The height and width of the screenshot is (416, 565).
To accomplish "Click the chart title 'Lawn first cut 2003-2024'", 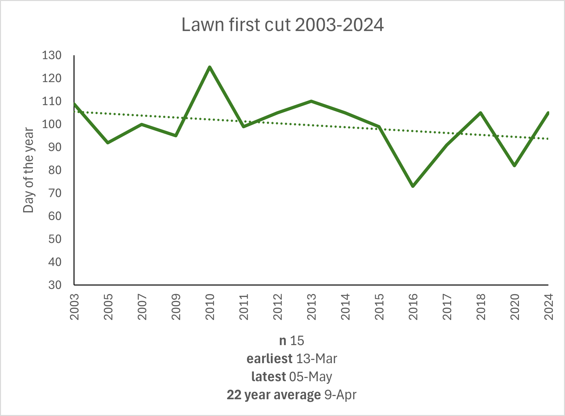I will click(282, 25).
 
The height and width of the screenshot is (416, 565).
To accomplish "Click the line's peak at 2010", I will click(210, 67).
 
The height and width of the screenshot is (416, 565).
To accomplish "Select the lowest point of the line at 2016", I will click(413, 186).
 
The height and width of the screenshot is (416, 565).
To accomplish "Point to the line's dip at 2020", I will click(515, 165).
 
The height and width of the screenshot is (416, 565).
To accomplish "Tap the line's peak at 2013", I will click(311, 101).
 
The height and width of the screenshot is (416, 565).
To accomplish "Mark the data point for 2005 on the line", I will click(108, 142).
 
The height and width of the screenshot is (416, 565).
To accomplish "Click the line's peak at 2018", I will click(481, 113).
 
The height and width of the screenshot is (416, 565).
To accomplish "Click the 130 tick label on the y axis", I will click(52, 55).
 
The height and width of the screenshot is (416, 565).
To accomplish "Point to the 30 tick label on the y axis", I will click(55, 285).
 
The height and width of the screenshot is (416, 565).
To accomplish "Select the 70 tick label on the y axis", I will click(55, 193).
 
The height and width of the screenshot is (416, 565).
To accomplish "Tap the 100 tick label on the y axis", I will click(52, 124).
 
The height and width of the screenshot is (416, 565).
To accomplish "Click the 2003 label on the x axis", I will click(74, 307).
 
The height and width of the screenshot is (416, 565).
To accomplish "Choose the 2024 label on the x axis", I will click(549, 307).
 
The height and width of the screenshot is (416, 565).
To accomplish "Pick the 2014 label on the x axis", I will click(345, 307).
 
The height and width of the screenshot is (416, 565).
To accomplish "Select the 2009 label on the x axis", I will click(176, 307).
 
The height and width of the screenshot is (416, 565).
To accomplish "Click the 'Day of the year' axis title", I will click(28, 170).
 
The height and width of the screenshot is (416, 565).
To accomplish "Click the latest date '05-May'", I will click(311, 377).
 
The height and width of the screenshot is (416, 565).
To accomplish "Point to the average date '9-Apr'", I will click(340, 395).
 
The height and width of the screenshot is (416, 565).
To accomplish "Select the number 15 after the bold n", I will click(297, 341).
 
